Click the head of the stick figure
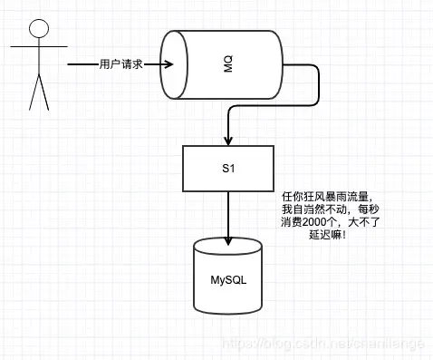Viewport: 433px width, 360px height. click(x=36, y=27)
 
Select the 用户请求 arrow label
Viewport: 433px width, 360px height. click(x=121, y=64)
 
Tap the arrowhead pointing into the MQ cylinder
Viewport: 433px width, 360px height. click(x=166, y=64)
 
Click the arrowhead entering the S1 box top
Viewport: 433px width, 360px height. click(x=227, y=143)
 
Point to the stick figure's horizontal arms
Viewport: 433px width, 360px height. click(x=36, y=47)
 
